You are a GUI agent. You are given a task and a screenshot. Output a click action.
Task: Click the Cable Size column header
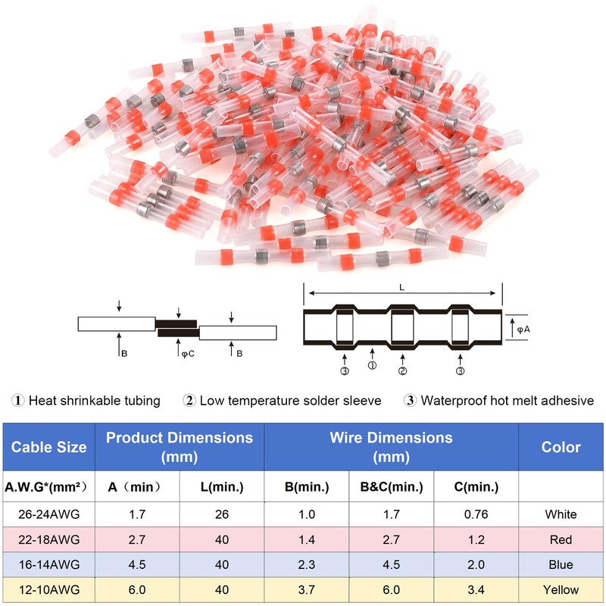[48, 447]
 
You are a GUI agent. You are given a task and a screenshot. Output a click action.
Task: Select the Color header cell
[561, 447]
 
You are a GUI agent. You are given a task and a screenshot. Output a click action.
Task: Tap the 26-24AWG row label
[48, 514]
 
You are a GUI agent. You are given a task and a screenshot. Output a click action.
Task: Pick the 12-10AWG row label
[48, 589]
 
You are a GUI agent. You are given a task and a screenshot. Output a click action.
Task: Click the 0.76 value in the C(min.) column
[476, 514]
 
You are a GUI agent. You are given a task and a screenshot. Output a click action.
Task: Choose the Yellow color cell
[561, 589]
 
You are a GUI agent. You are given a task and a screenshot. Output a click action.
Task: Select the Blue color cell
[561, 564]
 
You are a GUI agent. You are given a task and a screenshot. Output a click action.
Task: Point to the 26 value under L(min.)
[222, 514]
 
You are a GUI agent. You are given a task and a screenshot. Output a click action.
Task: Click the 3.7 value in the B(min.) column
[307, 589]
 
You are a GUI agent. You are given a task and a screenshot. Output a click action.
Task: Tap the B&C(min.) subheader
[391, 486]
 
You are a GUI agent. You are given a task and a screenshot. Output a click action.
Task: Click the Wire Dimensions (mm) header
[391, 447]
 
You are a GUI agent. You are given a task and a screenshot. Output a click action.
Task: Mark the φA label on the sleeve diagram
[523, 330]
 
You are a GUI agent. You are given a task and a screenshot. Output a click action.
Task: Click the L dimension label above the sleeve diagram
[402, 287]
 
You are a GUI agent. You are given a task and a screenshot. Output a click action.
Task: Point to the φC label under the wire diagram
[188, 353]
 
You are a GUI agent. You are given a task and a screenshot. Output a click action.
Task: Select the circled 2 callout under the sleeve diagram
[402, 371]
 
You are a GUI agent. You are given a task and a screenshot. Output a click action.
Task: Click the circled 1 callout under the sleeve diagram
[372, 365]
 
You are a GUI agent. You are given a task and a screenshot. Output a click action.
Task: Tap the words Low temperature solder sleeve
[290, 401]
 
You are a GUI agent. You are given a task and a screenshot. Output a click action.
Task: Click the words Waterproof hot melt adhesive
[507, 401]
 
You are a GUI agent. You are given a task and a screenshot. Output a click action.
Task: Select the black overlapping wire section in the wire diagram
[177, 328]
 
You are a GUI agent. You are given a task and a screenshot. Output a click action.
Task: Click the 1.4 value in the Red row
[307, 539]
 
